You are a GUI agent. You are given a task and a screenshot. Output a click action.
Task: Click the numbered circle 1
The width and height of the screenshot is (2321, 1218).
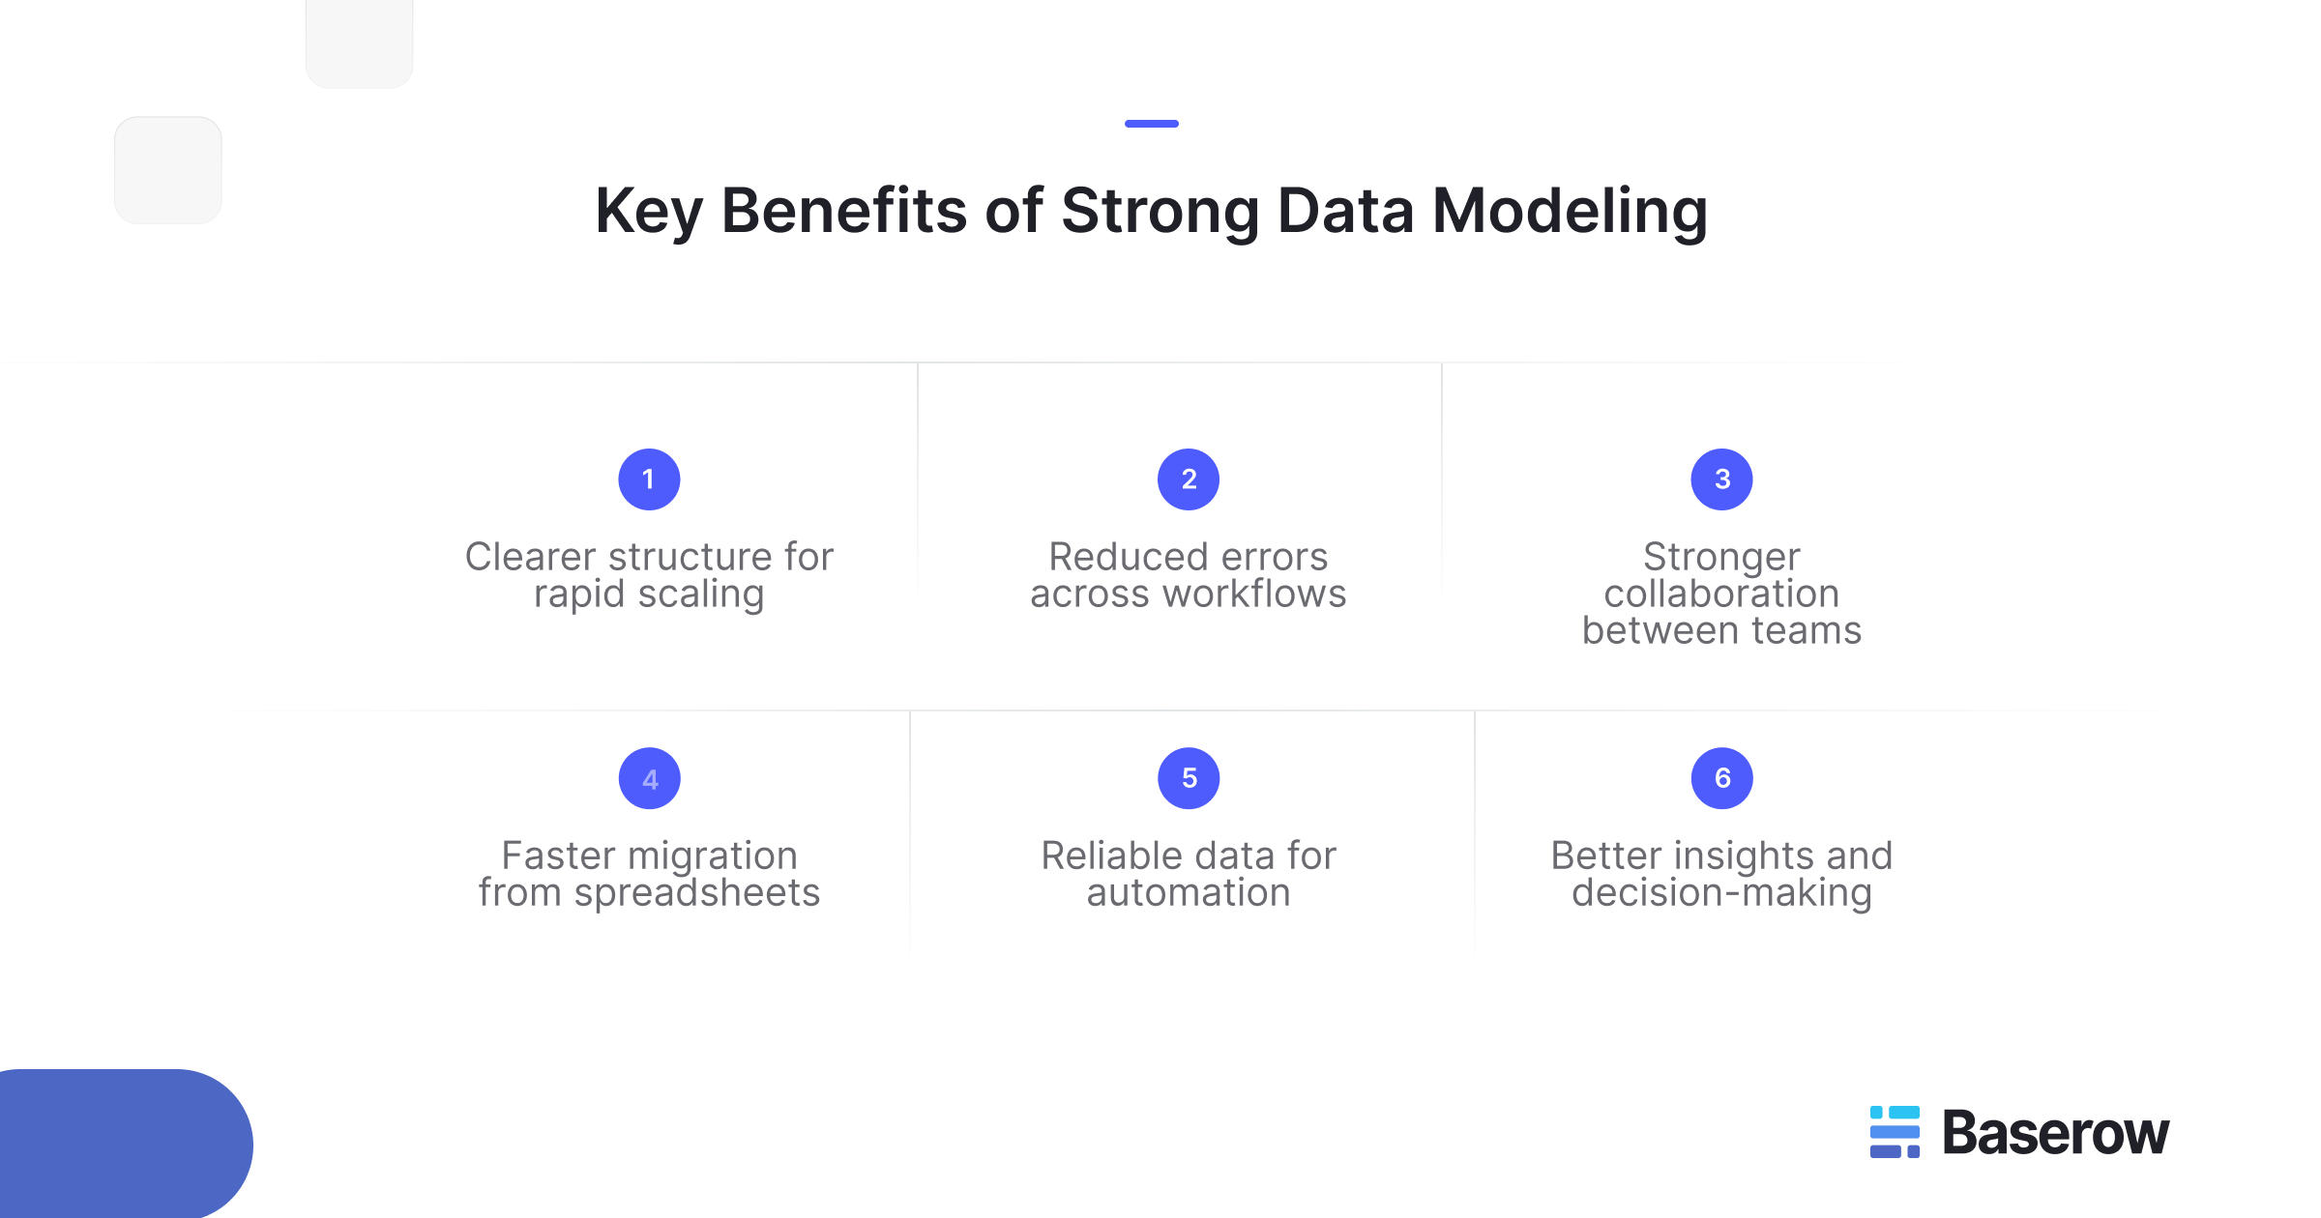[649, 479]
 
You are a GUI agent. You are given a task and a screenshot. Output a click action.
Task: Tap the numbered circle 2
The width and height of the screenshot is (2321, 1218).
[1189, 479]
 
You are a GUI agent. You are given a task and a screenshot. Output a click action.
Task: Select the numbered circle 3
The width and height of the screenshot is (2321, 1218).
[1721, 479]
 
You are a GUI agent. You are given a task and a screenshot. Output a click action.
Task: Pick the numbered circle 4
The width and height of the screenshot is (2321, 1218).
[650, 778]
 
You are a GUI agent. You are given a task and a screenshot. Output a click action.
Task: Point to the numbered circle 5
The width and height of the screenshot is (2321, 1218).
[1189, 778]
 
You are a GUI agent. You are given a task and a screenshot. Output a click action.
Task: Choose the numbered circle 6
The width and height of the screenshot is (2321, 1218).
[1721, 778]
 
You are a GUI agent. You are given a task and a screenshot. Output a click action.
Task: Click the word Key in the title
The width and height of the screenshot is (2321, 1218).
[648, 211]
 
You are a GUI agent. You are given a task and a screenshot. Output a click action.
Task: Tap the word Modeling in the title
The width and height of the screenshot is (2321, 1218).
[1570, 211]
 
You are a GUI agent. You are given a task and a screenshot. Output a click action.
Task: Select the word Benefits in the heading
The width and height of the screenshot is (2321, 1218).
[843, 211]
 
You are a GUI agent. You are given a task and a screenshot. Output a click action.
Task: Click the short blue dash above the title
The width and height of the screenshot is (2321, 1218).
[1151, 124]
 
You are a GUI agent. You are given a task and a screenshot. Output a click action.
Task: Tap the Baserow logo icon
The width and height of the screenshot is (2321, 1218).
[1895, 1132]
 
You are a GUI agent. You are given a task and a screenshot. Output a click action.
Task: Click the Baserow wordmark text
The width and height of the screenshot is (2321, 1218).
[2056, 1133]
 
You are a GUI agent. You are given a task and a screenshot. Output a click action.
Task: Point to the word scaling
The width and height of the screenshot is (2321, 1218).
[701, 594]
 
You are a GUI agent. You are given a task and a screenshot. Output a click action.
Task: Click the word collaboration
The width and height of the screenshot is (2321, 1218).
[1721, 594]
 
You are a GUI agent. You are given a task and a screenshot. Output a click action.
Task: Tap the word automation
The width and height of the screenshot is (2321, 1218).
[1189, 893]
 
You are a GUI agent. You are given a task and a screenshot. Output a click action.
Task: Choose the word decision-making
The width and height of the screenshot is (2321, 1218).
[1721, 893]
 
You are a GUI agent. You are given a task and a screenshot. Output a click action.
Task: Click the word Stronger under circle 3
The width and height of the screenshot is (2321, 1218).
[1721, 557]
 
